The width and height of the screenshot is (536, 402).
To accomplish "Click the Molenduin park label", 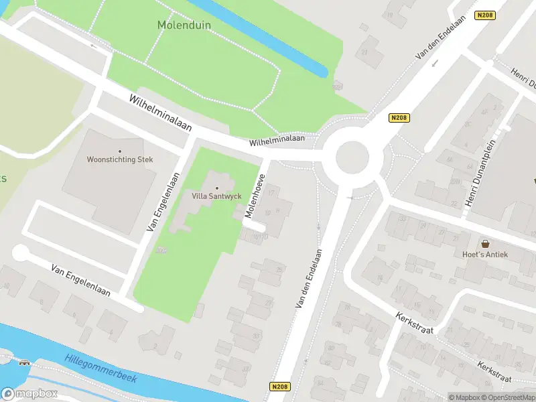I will (184, 25).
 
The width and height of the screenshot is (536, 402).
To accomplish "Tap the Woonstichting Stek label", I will (120, 159).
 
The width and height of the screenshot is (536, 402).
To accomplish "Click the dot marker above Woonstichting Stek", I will (120, 151).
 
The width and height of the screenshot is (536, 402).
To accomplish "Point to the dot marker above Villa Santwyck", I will (216, 188).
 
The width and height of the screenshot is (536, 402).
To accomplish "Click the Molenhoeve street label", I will (255, 197).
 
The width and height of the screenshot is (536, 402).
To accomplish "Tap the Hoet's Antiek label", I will (485, 254).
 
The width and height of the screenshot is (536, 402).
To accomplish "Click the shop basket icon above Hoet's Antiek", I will (485, 245).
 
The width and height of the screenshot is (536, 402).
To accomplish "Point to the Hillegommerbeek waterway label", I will (100, 368).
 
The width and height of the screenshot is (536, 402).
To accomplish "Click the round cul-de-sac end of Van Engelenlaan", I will (21, 253).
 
